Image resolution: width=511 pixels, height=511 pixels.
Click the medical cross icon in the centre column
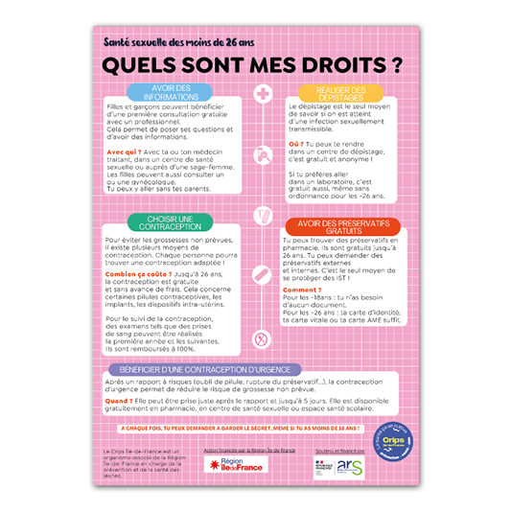pyautogui.click(x=262, y=93)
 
